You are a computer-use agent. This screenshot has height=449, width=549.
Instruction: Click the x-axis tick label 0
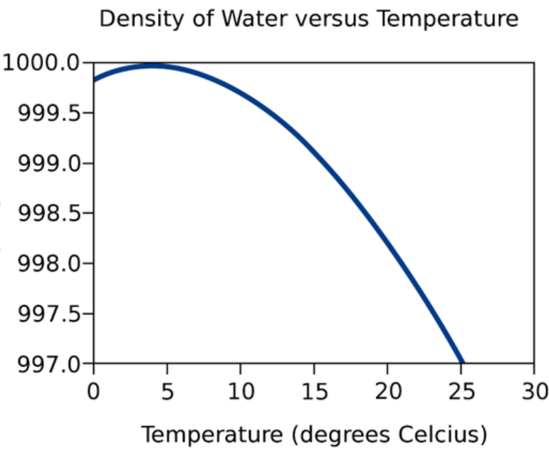coord(93,391)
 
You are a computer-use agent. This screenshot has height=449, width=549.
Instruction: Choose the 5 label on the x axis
coord(167,391)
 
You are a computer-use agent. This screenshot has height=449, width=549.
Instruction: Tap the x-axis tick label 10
coord(240,391)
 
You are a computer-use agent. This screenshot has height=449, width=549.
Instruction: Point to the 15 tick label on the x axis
coord(313,391)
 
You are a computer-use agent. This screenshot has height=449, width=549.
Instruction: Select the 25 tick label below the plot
coord(461,391)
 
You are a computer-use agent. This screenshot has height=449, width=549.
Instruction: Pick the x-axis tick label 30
coord(534,391)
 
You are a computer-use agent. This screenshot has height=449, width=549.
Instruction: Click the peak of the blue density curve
coord(152,66)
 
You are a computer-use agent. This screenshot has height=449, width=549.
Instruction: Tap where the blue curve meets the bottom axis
coord(462,362)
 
